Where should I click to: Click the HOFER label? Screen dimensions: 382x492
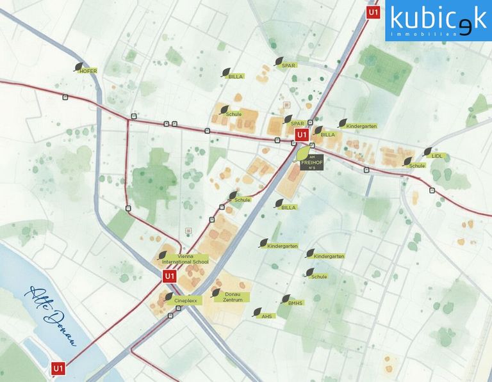pos(88,71)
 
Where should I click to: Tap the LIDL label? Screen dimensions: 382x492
pos(437,155)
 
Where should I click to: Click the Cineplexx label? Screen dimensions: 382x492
pos(184,299)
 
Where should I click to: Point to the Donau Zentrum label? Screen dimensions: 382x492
pos(233,297)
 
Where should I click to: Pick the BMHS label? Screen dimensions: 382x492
pos(295,303)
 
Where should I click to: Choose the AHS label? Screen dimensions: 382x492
pos(267,316)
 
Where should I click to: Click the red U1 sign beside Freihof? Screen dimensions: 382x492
pos(302,136)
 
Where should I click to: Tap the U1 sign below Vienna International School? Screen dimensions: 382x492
pos(169,276)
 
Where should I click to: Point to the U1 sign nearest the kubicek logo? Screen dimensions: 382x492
pos(373,12)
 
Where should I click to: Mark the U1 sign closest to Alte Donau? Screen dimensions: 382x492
pos(58,369)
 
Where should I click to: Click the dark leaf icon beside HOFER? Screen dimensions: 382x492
pos(79,66)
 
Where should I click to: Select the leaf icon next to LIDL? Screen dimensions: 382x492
pos(427,152)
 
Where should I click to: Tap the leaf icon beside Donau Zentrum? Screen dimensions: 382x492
pos(216,293)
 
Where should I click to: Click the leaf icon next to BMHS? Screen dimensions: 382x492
pos(286,299)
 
